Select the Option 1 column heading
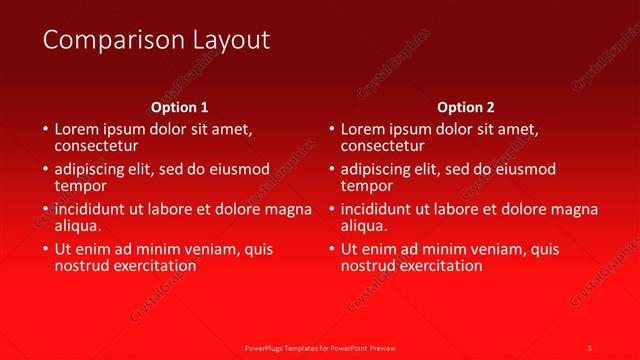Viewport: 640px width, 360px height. (x=180, y=107)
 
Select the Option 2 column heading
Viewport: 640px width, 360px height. (x=466, y=107)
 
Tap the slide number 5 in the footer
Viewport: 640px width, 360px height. (x=589, y=347)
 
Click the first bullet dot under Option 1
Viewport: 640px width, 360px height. (x=45, y=130)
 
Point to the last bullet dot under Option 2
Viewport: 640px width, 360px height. (x=331, y=249)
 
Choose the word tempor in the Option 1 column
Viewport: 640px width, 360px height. (x=80, y=186)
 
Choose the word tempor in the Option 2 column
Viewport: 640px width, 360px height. (x=366, y=186)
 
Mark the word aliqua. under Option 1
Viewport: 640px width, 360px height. (x=78, y=226)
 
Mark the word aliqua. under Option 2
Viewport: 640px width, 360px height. (x=364, y=226)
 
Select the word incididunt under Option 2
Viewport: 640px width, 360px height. (x=383, y=210)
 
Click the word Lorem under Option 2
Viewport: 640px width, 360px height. (x=363, y=130)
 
